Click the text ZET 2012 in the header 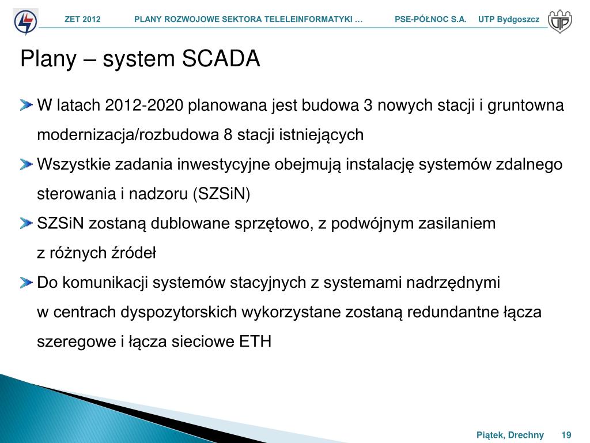pos(82,20)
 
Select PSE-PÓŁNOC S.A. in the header pos(430,20)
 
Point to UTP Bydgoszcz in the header pos(509,20)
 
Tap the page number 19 pos(566,435)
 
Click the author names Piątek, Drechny pos(510,435)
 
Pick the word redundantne pos(451,312)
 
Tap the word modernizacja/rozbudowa pos(127,135)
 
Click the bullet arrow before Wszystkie pos(27,164)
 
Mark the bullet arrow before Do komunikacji pos(27,283)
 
